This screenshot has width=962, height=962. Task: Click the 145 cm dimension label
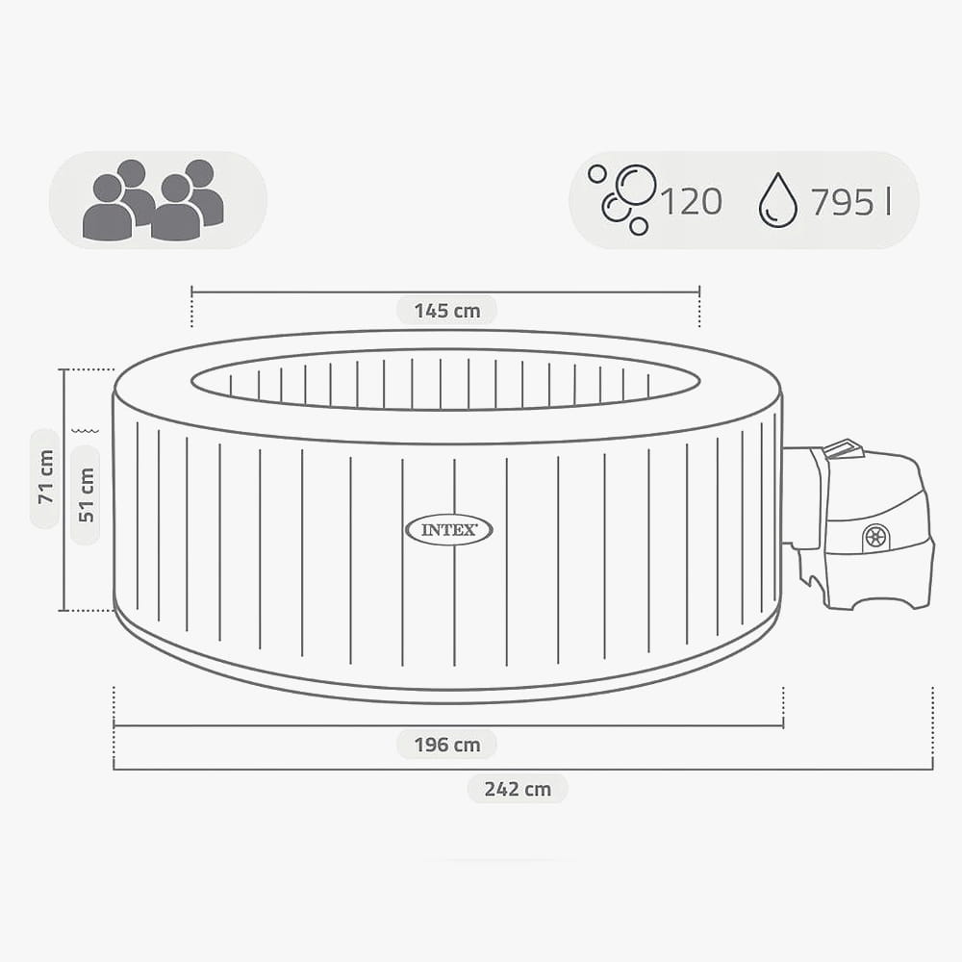[446, 311]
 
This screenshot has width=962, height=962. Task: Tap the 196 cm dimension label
[446, 745]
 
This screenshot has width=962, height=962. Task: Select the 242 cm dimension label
[518, 789]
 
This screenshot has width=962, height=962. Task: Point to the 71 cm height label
[46, 477]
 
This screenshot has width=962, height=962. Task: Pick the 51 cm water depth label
[86, 494]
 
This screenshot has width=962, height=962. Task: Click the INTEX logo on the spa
[449, 530]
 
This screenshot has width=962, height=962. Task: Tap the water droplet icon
[778, 200]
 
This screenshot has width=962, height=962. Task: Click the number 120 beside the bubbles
[692, 201]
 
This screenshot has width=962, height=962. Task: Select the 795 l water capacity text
[850, 201]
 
